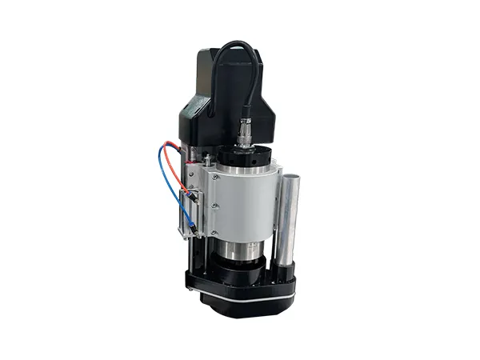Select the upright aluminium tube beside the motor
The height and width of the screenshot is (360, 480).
click(x=289, y=216)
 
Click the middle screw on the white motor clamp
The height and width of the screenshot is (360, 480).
click(x=214, y=206)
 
